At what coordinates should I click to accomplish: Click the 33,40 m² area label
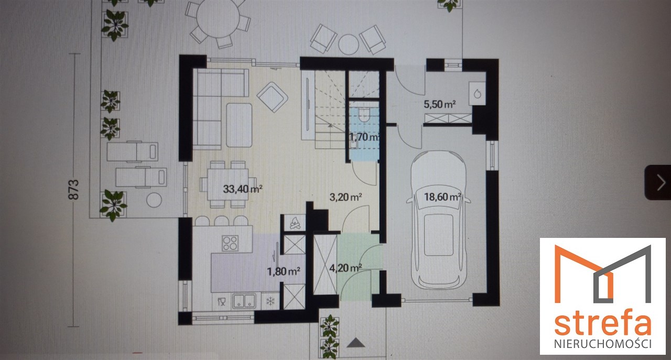click(243, 189)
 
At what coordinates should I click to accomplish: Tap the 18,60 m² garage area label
click(442, 197)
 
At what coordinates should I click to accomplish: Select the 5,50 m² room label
click(440, 104)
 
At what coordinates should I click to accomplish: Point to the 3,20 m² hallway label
click(346, 197)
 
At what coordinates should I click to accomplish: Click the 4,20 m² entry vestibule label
click(345, 268)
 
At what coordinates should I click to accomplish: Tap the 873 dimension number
click(74, 190)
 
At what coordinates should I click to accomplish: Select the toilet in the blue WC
click(364, 114)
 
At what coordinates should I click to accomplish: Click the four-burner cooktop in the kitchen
click(230, 243)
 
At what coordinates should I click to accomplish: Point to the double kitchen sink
click(244, 301)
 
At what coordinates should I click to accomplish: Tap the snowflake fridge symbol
click(270, 301)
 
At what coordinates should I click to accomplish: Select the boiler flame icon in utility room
click(477, 94)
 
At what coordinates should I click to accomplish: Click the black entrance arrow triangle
click(356, 342)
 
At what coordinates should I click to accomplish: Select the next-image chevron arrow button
click(659, 182)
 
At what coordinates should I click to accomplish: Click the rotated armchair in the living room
click(272, 97)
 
